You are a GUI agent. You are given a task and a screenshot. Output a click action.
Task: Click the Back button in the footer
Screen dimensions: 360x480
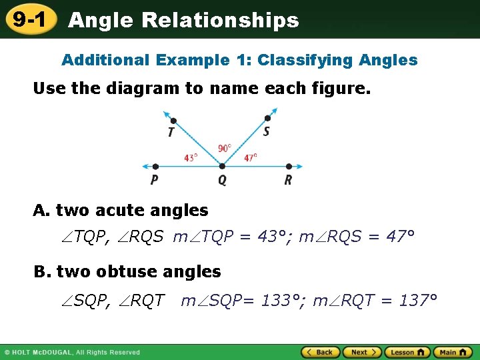(320, 352)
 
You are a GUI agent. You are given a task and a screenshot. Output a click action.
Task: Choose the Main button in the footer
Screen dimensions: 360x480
(453, 352)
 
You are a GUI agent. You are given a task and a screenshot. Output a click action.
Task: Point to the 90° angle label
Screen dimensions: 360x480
(225, 148)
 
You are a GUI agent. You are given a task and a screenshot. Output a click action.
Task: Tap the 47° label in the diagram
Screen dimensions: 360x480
(250, 158)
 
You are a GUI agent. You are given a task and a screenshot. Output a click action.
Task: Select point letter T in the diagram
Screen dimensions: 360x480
(171, 132)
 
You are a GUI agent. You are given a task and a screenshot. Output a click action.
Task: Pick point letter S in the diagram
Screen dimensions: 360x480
(266, 131)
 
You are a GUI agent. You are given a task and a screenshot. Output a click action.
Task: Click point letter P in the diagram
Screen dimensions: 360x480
(155, 180)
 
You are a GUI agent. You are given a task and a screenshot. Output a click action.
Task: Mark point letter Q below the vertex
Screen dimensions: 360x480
(222, 180)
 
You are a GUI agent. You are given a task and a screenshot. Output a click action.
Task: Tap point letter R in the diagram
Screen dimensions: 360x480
(288, 180)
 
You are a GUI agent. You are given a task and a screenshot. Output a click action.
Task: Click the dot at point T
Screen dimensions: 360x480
(173, 121)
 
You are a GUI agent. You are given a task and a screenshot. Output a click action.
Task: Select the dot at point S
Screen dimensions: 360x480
(268, 119)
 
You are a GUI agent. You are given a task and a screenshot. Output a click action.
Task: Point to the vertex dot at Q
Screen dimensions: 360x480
(222, 167)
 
